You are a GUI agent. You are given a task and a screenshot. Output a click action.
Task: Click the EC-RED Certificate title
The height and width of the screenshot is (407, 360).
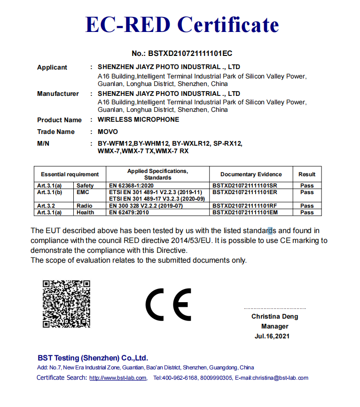[181, 24]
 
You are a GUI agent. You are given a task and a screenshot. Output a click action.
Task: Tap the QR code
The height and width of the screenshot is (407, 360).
[66, 304]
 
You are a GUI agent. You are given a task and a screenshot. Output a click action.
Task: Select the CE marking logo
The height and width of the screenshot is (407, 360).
[168, 304]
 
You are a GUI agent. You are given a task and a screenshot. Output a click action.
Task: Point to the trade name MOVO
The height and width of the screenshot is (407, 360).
[108, 132]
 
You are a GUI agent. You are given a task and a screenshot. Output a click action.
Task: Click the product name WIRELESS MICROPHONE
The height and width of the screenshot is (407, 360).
[138, 120]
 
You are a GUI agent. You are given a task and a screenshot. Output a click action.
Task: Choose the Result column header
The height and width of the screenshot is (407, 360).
[307, 174]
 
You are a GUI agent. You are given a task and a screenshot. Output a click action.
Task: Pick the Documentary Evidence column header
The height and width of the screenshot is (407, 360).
[251, 174]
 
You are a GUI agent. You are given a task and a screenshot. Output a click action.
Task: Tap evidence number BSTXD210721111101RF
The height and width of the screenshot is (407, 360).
[245, 206]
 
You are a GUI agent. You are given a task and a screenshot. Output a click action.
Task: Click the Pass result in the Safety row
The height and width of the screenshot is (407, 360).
[307, 186]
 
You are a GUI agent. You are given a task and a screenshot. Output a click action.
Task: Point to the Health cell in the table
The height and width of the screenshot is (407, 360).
[86, 212]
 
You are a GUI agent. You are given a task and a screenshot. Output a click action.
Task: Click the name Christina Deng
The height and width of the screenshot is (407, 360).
[274, 317]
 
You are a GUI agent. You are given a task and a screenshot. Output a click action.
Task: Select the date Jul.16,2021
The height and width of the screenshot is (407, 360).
[272, 336]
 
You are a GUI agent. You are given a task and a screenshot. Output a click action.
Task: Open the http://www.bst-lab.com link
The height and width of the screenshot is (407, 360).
[118, 378]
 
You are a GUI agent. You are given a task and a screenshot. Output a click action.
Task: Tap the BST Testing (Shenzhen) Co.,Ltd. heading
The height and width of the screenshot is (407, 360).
[93, 358]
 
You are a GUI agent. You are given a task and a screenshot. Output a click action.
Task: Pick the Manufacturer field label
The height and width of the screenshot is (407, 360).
[58, 94]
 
